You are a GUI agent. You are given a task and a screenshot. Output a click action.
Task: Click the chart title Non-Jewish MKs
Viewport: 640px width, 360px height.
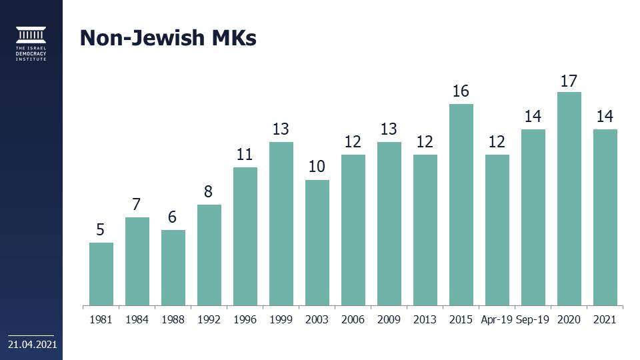[168, 38]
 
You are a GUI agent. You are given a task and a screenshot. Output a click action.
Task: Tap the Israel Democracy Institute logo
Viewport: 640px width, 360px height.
[31, 44]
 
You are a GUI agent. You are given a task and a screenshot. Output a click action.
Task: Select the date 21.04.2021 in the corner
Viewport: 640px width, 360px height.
[31, 345]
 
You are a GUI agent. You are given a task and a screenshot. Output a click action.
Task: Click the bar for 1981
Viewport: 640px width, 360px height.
[101, 274]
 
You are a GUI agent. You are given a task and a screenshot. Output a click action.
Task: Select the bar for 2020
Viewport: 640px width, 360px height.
[569, 199]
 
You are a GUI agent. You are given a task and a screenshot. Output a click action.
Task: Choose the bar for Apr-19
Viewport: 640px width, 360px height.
[497, 230]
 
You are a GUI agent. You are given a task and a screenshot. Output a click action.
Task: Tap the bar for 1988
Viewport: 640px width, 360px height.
[173, 267]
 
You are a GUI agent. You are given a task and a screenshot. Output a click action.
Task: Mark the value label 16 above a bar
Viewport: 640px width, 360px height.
[461, 91]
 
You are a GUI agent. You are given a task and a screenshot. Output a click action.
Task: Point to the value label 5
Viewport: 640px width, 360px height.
[101, 230]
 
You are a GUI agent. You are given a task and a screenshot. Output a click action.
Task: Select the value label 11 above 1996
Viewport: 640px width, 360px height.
[245, 155]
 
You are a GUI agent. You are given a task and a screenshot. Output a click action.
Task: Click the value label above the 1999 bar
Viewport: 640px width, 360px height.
[281, 129]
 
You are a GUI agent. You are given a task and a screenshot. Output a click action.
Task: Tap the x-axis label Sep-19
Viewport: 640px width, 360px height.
[533, 319]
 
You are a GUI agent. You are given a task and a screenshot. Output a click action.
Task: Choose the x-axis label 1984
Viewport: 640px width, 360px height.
[137, 319]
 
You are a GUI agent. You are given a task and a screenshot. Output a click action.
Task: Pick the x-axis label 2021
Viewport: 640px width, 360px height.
[605, 319]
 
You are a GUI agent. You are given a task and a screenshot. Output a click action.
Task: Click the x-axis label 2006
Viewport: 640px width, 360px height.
[353, 319]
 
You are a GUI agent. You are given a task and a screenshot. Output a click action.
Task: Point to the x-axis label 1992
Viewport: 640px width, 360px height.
[209, 319]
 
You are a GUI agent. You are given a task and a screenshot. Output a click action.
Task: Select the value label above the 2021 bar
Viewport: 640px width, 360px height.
[605, 117]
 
